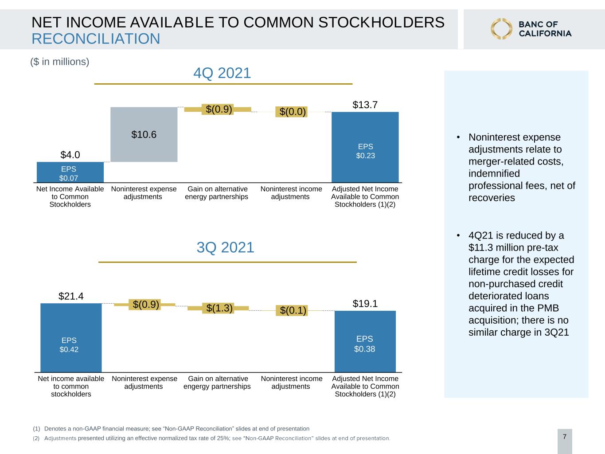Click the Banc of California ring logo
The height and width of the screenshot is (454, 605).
(501, 29)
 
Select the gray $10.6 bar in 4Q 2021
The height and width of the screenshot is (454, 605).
(144, 134)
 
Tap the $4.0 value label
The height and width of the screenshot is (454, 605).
(70, 155)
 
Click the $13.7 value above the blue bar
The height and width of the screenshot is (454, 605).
(365, 105)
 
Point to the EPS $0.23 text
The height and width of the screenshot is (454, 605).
(366, 151)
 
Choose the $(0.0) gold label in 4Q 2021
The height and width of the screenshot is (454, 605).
(293, 112)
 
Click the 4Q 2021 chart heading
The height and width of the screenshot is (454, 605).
(222, 73)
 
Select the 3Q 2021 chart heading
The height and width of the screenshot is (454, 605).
(225, 247)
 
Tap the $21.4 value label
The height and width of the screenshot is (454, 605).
(71, 296)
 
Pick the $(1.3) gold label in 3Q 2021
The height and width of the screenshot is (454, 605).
(219, 308)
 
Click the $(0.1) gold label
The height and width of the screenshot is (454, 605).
(293, 310)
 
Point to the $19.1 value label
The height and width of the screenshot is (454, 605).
(365, 304)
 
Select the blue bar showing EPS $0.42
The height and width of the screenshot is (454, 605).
(71, 338)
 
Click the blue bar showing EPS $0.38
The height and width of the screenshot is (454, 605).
(365, 341)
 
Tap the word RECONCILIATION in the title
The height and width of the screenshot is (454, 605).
(96, 39)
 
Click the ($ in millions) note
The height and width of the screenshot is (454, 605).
(60, 62)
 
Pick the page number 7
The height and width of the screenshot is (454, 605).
(565, 437)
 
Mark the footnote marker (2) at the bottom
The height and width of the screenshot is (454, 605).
(36, 438)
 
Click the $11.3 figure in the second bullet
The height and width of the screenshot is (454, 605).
(481, 247)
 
